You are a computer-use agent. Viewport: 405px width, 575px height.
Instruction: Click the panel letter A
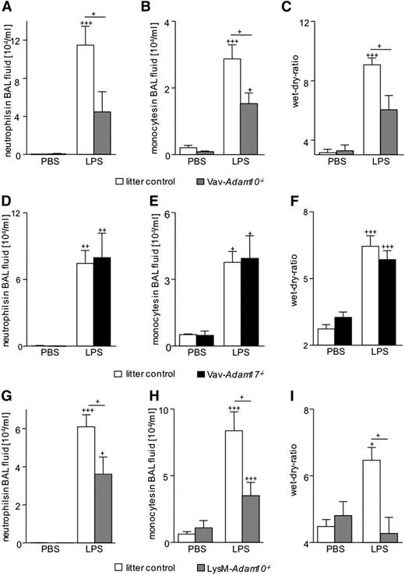click(x=5, y=5)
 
